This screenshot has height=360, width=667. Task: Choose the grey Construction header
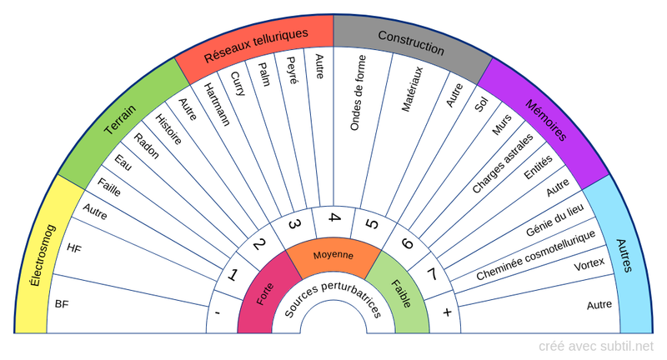point(411,37)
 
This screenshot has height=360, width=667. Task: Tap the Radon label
point(146,149)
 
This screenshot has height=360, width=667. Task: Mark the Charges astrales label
point(503,163)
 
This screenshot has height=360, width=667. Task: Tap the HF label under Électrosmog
point(74,247)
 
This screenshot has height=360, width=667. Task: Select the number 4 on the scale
point(334,218)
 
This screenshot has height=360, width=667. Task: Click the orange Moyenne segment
point(333,255)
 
